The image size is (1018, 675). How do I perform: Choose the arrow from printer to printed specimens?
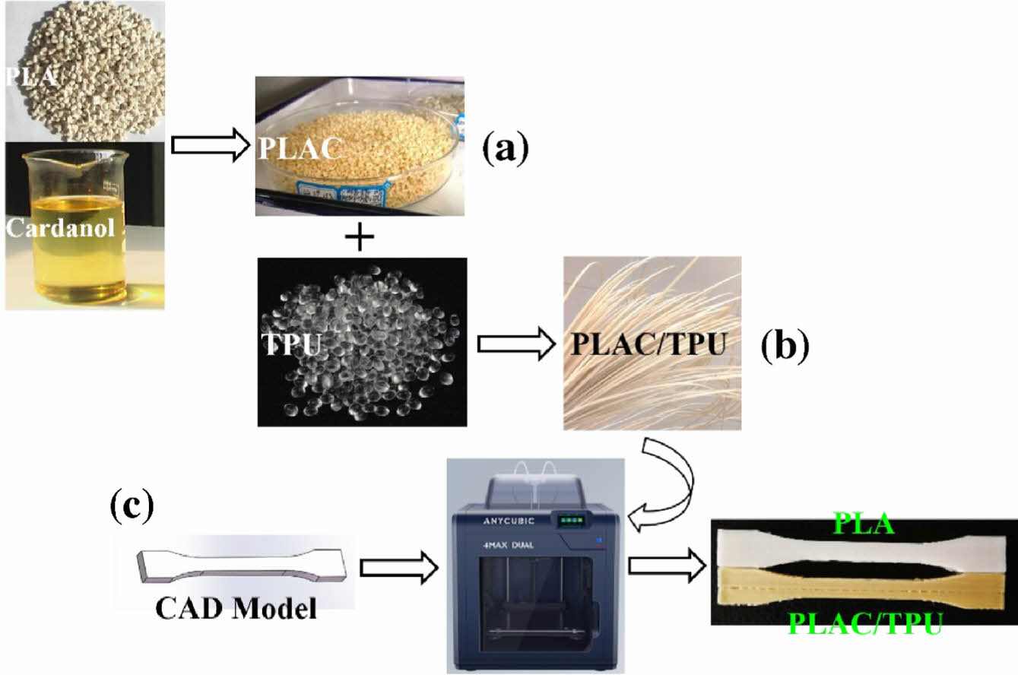click(665, 566)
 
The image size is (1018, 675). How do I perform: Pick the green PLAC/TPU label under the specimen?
click(864, 625)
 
